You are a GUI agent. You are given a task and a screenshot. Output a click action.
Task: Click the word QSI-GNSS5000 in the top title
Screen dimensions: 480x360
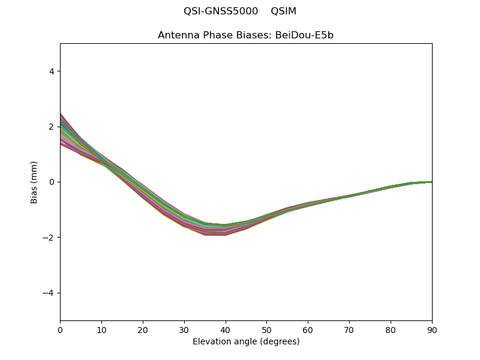coord(221,11)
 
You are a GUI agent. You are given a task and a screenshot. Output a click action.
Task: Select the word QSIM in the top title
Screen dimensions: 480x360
coord(283,11)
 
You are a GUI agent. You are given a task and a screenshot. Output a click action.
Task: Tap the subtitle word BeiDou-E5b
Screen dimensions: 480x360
coord(304,35)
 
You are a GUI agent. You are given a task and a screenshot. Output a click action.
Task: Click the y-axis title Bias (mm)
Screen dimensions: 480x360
coord(34,182)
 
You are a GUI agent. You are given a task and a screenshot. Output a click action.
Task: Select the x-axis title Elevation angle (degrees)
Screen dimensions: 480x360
coord(246,341)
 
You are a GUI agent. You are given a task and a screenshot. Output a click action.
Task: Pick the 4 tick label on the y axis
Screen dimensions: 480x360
coord(52,71)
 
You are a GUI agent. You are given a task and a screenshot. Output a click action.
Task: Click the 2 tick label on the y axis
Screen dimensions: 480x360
coord(52,127)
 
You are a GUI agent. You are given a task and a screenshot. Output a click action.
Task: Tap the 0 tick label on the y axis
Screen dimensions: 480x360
coord(52,182)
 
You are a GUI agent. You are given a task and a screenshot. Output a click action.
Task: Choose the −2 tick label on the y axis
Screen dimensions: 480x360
coord(49,238)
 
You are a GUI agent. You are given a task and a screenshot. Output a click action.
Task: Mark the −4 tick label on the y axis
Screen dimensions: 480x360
coord(49,293)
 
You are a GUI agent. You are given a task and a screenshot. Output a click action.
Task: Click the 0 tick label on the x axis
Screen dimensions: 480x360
coord(61,331)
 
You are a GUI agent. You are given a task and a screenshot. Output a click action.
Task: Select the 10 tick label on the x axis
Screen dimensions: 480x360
coord(101,331)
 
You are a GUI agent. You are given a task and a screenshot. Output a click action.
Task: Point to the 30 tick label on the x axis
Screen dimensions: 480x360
coord(184,331)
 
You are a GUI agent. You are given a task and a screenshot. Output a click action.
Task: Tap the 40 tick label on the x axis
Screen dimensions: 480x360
coord(226,331)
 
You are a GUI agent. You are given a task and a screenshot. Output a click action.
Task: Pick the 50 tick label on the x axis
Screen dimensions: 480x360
coord(267,331)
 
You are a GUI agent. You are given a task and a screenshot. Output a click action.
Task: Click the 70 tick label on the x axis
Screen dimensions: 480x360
coord(350,331)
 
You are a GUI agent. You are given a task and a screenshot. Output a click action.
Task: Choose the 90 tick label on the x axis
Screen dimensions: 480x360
coord(432,331)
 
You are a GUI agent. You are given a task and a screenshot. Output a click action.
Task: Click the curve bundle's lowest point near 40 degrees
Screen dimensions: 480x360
coord(226,235)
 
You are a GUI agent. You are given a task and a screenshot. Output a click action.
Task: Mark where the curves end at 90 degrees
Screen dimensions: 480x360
coord(432,182)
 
